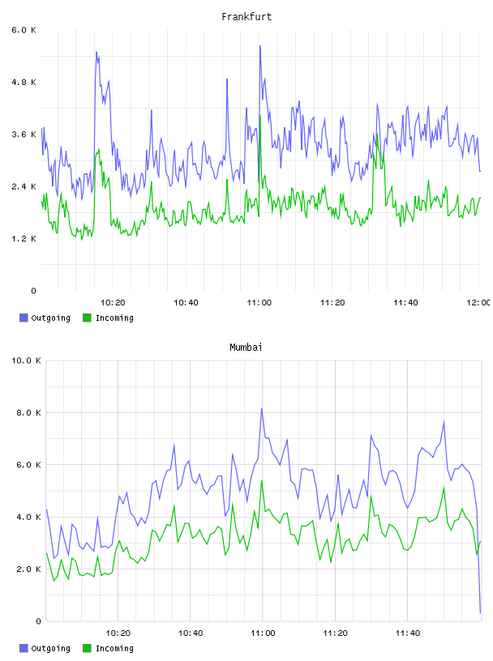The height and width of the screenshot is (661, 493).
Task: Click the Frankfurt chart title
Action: [x=246, y=17]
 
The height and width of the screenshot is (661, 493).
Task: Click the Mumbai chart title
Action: [x=246, y=348]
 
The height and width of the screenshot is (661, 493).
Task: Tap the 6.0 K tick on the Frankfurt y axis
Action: [x=24, y=30]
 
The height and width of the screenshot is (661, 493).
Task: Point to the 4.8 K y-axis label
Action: [x=24, y=82]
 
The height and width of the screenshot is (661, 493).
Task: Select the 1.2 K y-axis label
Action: [x=24, y=239]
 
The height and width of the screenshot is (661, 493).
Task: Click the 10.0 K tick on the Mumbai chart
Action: [x=26, y=360]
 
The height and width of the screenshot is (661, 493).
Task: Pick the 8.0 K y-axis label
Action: [x=28, y=412]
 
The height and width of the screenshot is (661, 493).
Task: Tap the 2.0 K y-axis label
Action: [x=28, y=569]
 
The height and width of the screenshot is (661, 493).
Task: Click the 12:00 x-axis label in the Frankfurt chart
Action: [x=478, y=303]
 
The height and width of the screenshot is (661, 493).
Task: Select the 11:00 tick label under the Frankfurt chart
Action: [x=259, y=303]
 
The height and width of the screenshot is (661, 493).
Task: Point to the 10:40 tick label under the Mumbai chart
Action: [x=191, y=633]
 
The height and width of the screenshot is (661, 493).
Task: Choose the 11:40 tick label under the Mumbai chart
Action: [x=408, y=633]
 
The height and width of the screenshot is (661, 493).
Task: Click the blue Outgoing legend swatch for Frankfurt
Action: [x=24, y=318]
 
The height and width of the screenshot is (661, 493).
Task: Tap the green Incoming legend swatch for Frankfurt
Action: [x=87, y=318]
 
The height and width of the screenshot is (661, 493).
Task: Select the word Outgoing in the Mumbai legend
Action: [x=50, y=648]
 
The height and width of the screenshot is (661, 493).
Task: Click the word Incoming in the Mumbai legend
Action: [x=114, y=648]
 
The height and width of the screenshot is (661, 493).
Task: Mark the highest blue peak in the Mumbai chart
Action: [x=262, y=408]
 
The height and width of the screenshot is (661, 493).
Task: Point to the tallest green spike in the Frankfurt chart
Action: [x=260, y=116]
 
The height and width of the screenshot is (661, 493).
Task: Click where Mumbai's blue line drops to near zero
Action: [x=480, y=612]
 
